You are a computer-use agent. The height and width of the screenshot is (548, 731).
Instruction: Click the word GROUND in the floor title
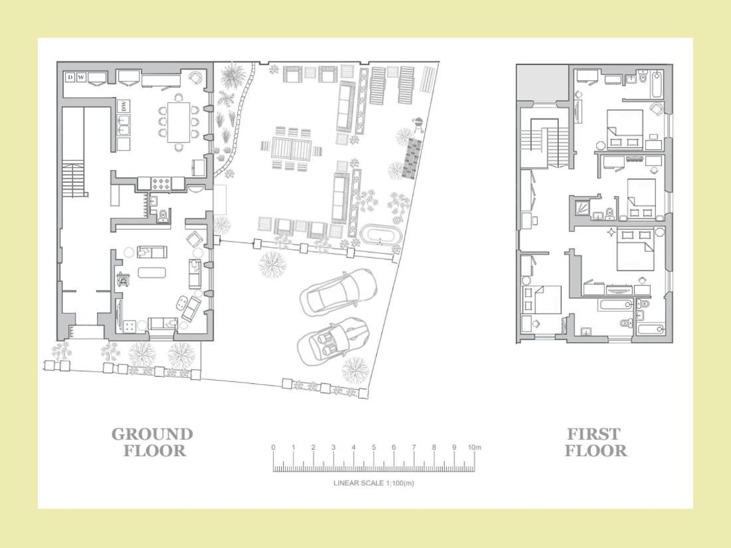click(152, 434)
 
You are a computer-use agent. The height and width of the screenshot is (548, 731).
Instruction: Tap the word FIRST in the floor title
click(593, 434)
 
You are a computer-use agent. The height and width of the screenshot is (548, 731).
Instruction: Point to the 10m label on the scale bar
click(474, 447)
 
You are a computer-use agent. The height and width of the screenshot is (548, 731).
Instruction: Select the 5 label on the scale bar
click(373, 447)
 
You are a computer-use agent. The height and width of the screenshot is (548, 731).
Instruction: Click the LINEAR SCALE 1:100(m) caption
click(373, 483)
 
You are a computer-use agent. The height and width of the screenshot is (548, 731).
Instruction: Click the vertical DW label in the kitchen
click(124, 106)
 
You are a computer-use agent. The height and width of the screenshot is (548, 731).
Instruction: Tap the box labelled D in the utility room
click(70, 77)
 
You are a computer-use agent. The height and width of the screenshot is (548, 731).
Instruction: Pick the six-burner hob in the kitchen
click(160, 183)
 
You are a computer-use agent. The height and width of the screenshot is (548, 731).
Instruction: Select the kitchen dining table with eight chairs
click(179, 122)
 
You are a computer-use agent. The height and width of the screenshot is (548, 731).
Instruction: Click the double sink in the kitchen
click(124, 125)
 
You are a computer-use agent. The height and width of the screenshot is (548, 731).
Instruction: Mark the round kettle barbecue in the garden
click(418, 124)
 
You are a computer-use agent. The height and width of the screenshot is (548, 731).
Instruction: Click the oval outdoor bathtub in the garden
click(380, 234)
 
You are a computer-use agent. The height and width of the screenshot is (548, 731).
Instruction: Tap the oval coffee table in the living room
click(152, 272)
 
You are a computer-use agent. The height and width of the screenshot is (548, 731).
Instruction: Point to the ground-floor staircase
click(74, 179)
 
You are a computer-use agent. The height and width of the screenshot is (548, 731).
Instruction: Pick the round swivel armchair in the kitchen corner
click(195, 78)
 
